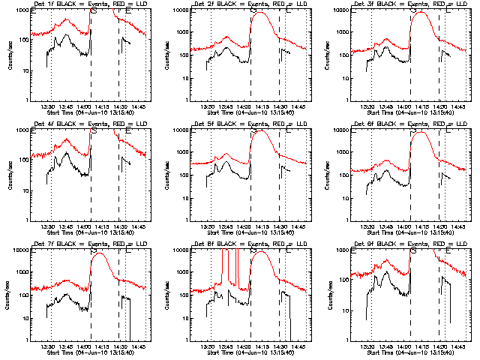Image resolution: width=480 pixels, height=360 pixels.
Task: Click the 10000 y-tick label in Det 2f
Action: click(x=178, y=10)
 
